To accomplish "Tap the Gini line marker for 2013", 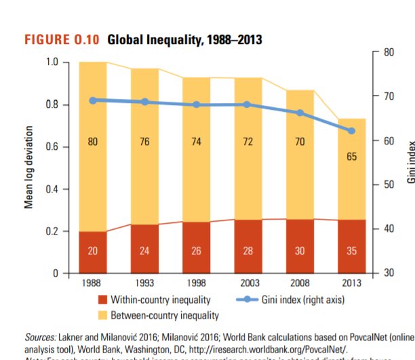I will pos(351,131).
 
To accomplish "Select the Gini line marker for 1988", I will pos(93,100).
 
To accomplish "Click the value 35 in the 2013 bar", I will pos(351,251).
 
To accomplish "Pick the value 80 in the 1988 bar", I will pos(93,142).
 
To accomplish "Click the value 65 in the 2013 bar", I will pos(351,157).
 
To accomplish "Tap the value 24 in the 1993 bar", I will pos(144,251).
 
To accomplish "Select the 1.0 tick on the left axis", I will pos(52,62).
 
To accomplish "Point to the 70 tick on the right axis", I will pos(389,96).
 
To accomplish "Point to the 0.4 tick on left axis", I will pos(52,189).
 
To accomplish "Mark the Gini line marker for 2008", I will pos(300,113).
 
